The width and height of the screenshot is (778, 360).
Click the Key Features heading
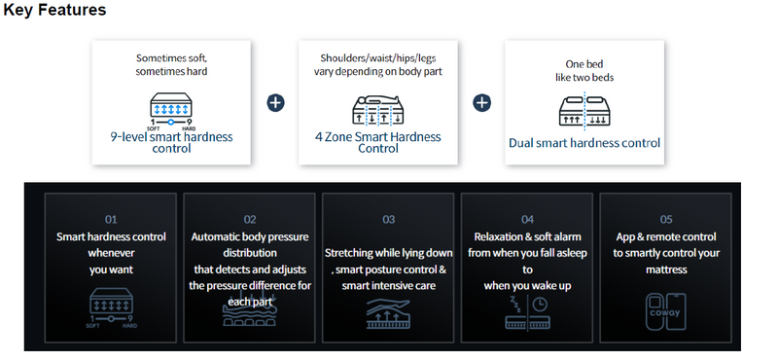(x=54, y=10)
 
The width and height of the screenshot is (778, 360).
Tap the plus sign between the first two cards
(x=275, y=103)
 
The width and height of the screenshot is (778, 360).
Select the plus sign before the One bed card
(x=481, y=103)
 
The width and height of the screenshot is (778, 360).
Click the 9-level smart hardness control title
(x=171, y=142)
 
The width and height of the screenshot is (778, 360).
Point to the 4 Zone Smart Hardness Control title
(x=378, y=142)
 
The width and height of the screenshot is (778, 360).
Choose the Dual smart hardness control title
(x=584, y=143)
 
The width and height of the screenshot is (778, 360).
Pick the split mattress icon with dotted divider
(x=584, y=110)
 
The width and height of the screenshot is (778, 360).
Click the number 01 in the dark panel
(x=111, y=219)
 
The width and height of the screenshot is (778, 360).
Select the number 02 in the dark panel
(x=250, y=219)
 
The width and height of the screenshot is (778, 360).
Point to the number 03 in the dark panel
(x=388, y=219)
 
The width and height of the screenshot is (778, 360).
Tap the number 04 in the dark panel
(x=527, y=219)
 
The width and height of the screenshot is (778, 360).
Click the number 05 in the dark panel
(x=666, y=219)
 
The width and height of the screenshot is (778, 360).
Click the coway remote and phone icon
(x=666, y=311)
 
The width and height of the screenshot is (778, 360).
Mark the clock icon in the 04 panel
(x=540, y=303)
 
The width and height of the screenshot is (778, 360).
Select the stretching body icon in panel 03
(x=388, y=314)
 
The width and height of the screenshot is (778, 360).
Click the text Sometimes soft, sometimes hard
(x=171, y=64)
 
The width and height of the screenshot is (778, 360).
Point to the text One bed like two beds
(x=584, y=70)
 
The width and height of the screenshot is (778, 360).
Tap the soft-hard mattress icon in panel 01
(x=111, y=308)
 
